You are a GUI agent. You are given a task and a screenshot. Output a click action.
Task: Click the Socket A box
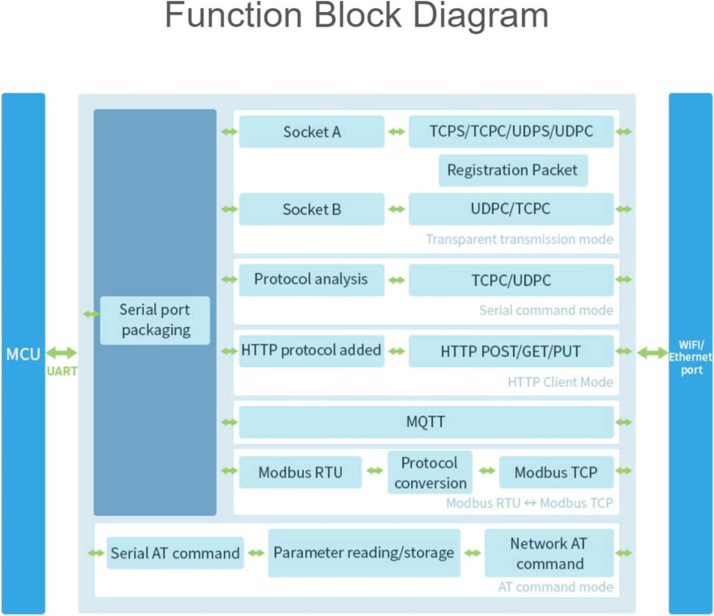click(x=311, y=132)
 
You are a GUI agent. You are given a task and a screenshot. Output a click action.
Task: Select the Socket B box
click(x=311, y=209)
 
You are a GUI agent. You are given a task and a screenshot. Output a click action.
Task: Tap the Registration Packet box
click(x=513, y=170)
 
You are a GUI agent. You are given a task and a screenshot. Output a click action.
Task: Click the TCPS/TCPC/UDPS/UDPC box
click(x=511, y=132)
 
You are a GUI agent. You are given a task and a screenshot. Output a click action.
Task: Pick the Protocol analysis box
click(x=311, y=280)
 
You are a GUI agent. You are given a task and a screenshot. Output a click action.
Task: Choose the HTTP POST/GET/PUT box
click(x=511, y=352)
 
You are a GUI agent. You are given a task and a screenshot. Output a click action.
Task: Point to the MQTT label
click(x=426, y=422)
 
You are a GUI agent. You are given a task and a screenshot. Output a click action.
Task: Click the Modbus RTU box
click(x=300, y=472)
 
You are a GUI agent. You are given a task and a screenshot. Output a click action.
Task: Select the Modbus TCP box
click(x=556, y=472)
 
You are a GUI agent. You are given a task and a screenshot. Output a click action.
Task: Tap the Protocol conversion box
click(x=430, y=473)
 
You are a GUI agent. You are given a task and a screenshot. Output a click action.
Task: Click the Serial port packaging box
click(x=155, y=320)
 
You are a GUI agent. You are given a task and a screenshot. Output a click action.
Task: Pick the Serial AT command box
click(x=175, y=553)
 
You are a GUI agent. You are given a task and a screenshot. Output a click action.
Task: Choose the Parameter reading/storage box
click(x=364, y=553)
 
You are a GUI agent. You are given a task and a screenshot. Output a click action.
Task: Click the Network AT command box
click(x=549, y=553)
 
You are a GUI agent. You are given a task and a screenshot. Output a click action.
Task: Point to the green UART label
click(x=62, y=372)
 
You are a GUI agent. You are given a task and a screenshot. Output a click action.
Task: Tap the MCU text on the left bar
click(x=23, y=354)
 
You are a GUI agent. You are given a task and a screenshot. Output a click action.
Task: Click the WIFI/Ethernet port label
click(x=691, y=357)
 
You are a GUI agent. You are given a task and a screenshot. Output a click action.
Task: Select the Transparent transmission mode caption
click(x=519, y=239)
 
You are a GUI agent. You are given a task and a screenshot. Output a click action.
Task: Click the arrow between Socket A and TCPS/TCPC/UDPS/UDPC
click(x=397, y=132)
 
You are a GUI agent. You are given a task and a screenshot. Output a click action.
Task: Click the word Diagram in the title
click(x=481, y=16)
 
